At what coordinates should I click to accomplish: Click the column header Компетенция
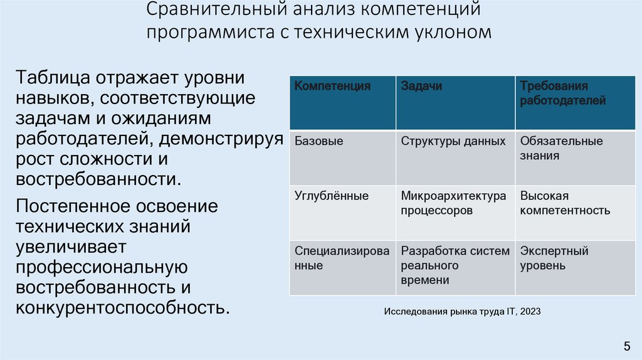point(332,87)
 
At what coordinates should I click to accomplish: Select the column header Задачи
point(421,87)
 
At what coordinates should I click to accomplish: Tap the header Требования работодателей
point(562,93)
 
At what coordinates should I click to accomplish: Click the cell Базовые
point(319,141)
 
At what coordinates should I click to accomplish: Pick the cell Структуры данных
point(453,141)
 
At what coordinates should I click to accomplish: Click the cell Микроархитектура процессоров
point(453,203)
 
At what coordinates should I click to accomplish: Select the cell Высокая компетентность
point(565,203)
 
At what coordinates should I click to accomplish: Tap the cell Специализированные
point(342,258)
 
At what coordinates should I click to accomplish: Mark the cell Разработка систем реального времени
point(455,265)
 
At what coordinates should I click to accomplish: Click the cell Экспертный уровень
point(554,258)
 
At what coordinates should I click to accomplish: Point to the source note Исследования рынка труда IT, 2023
point(462,311)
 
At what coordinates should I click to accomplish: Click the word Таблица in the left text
point(54,79)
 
